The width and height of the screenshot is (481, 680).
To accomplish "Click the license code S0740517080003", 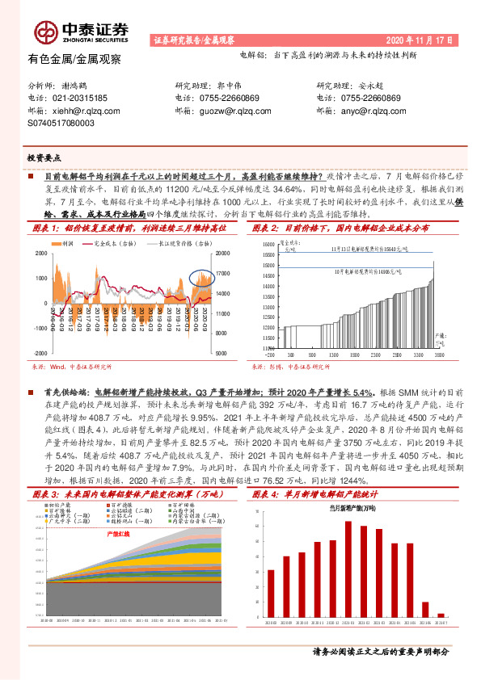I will pos(61,124).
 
